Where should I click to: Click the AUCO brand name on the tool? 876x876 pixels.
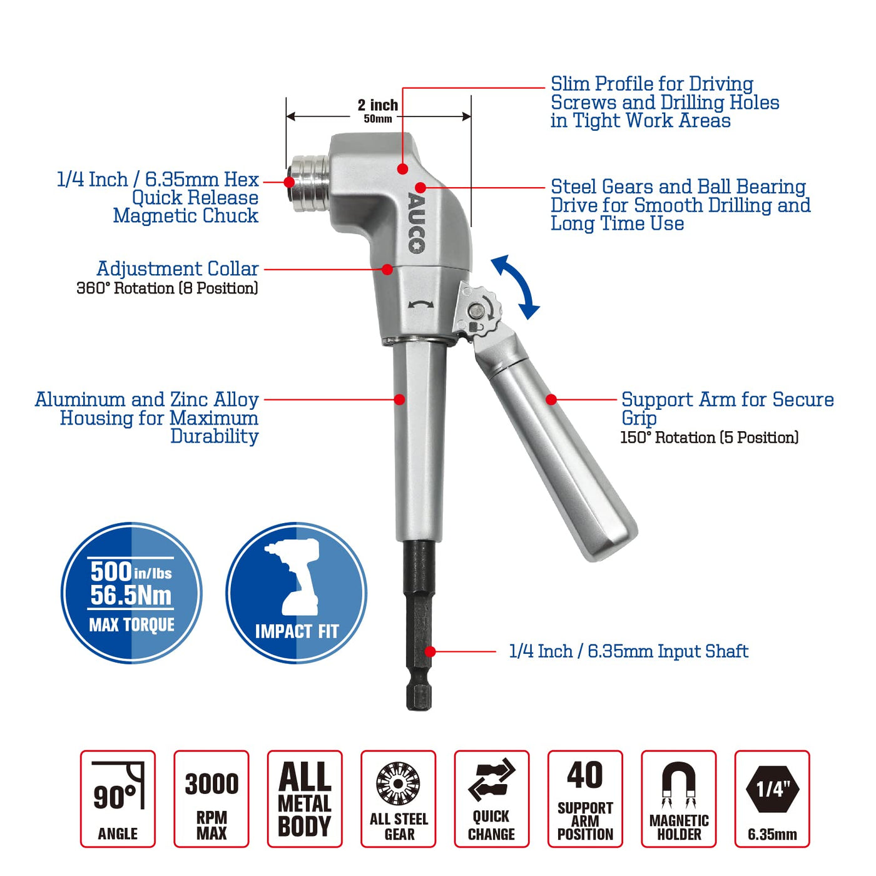pyautogui.click(x=416, y=223)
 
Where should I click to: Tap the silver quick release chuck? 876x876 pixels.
pyautogui.click(x=308, y=183)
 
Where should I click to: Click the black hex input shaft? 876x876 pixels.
pyautogui.click(x=418, y=626)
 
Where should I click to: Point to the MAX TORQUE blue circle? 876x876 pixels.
pyautogui.click(x=131, y=593)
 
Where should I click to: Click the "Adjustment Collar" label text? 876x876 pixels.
pyautogui.click(x=177, y=268)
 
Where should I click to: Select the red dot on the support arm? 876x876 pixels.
pyautogui.click(x=551, y=400)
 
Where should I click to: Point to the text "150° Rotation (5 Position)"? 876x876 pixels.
pyautogui.click(x=709, y=437)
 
